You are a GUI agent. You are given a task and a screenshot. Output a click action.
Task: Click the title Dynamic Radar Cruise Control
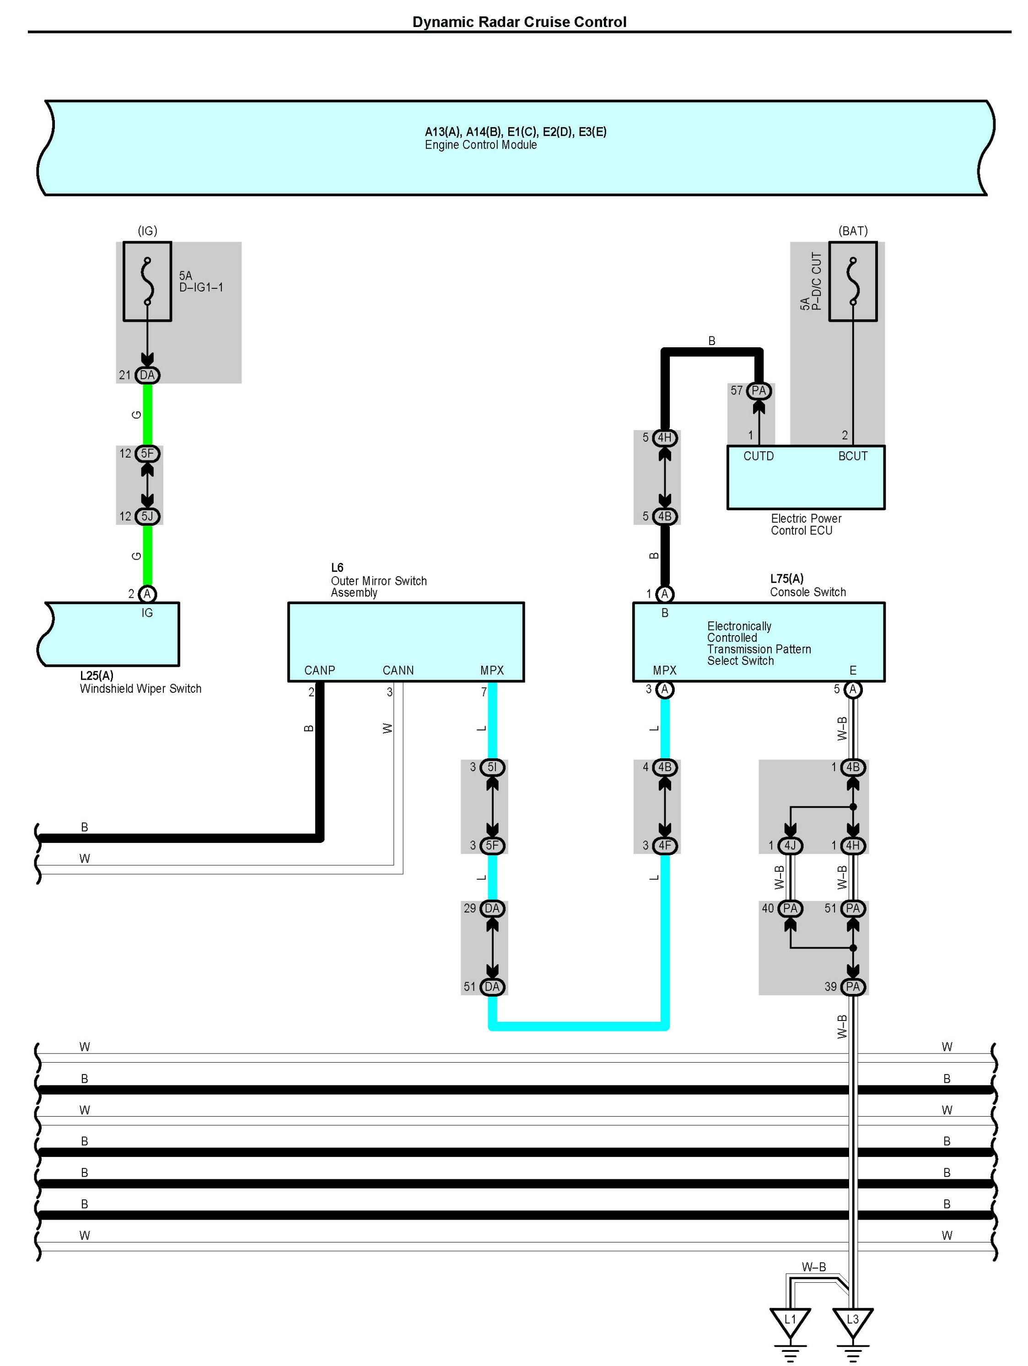tap(519, 22)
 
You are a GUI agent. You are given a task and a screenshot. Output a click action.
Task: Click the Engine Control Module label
tap(480, 145)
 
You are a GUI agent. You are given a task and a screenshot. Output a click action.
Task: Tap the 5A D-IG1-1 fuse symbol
tap(147, 281)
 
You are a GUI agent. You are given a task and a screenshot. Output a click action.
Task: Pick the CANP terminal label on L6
tap(319, 670)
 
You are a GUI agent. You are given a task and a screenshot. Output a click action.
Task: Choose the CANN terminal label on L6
tap(398, 670)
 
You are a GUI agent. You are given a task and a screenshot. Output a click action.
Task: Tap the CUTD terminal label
tap(758, 456)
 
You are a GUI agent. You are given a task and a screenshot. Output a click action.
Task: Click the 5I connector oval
tap(492, 767)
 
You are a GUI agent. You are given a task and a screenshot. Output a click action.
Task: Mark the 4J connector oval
tap(790, 845)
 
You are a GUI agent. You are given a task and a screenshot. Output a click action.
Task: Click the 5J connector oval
tap(147, 516)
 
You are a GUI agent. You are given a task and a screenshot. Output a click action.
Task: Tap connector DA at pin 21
tap(147, 375)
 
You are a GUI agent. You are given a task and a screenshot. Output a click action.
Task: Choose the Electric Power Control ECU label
tap(805, 524)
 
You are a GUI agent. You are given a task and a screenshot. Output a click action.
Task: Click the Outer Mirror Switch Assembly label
tap(378, 587)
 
